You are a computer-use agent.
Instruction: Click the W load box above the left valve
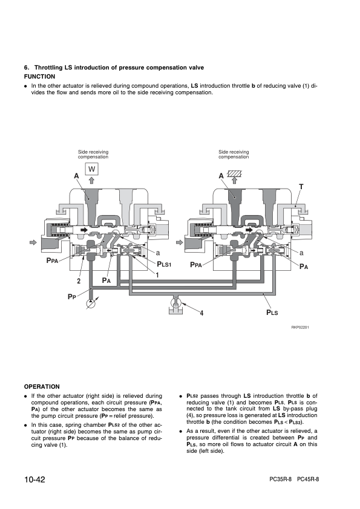(x=91, y=169)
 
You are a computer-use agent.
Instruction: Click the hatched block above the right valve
(x=234, y=173)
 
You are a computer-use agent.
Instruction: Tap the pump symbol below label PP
(x=91, y=303)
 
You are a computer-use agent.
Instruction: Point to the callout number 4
(x=201, y=313)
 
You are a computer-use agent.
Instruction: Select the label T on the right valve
(x=301, y=187)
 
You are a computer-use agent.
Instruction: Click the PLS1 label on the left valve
(x=164, y=264)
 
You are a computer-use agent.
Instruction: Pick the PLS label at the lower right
(x=272, y=313)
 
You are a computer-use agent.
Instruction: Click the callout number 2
(x=79, y=281)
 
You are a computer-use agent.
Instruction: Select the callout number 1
(x=157, y=275)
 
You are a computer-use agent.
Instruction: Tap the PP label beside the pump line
(x=71, y=296)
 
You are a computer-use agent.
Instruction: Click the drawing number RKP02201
(x=300, y=327)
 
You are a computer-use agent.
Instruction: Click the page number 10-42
(x=34, y=479)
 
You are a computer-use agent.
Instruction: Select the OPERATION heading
(x=42, y=387)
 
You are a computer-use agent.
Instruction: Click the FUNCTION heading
(x=40, y=77)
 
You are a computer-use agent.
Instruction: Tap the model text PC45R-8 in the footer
(x=308, y=479)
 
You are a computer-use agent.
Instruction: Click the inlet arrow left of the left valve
(x=33, y=242)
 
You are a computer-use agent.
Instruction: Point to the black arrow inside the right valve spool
(x=249, y=230)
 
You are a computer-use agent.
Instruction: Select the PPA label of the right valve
(x=196, y=265)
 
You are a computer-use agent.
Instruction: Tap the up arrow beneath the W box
(x=92, y=180)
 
